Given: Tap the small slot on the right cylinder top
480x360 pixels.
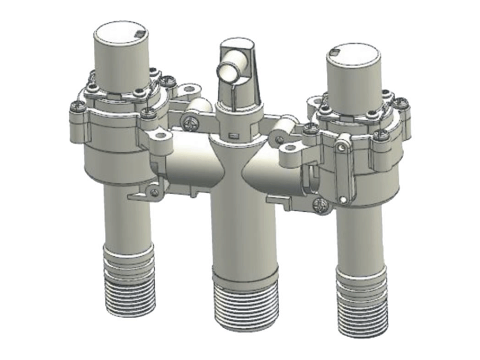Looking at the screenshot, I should tap(334, 51).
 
